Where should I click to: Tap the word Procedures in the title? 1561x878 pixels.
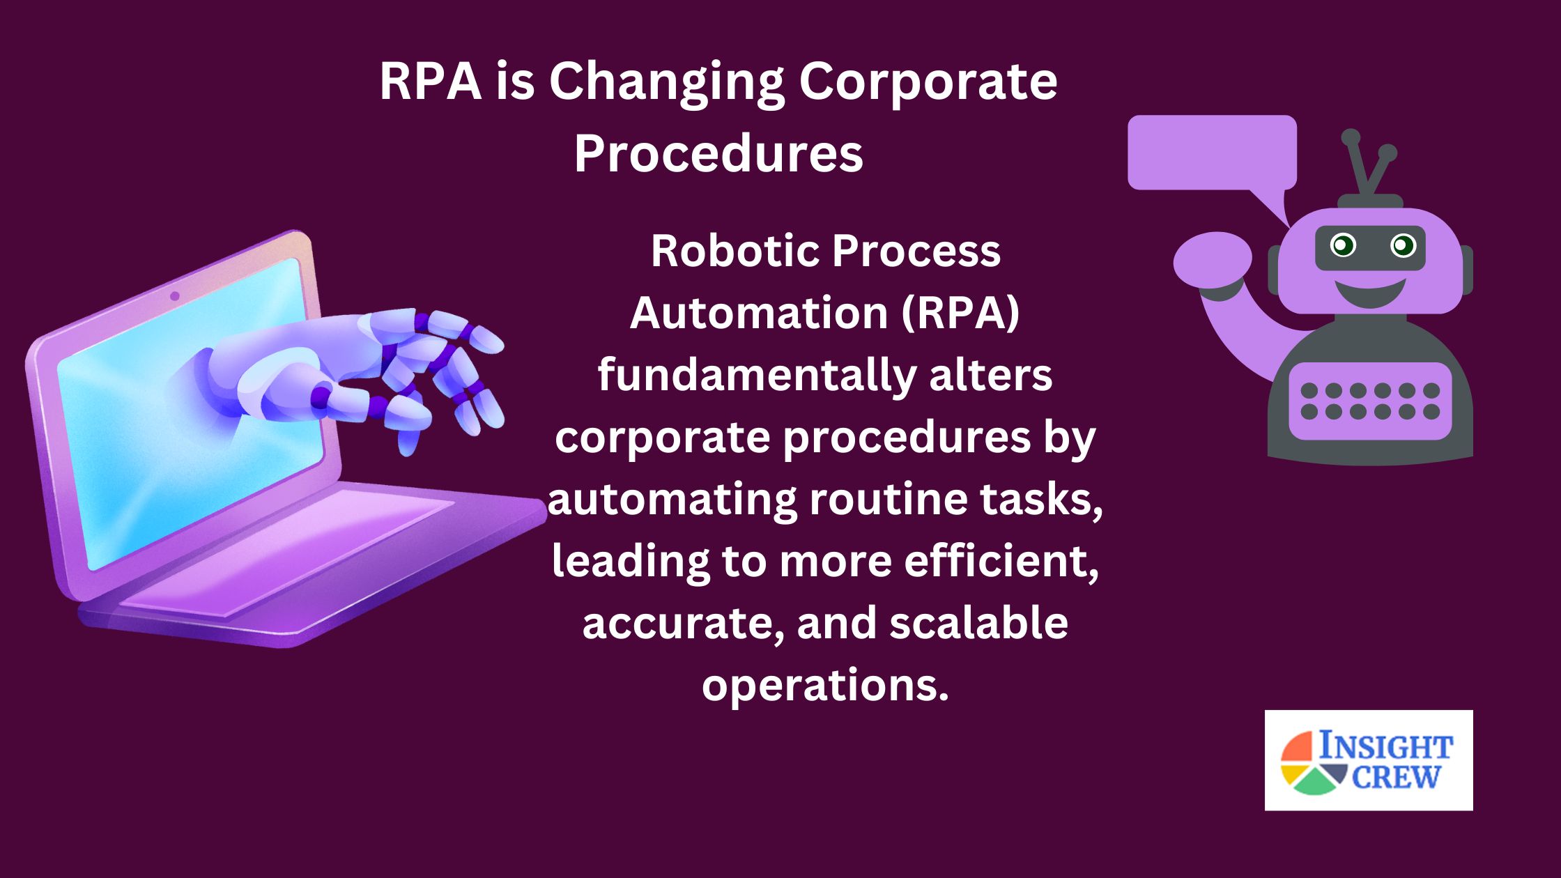click(718, 153)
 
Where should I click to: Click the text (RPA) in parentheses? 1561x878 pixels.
click(960, 313)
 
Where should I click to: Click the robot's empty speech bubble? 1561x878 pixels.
click(1212, 153)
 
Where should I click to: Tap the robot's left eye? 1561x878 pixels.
click(1343, 245)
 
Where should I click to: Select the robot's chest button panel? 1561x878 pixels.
click(1370, 401)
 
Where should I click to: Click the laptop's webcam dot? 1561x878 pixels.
click(175, 296)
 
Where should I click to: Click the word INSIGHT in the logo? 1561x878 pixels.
click(1385, 746)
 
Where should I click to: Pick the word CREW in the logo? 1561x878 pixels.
click(1396, 777)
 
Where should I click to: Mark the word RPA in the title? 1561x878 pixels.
click(431, 82)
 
